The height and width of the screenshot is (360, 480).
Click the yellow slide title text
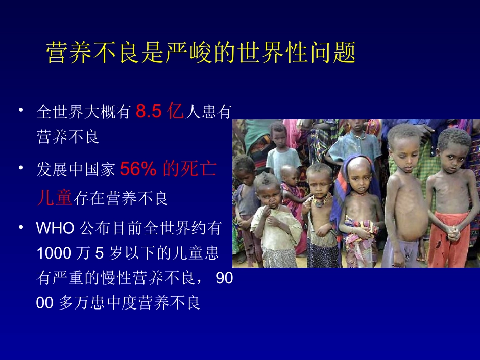pyautogui.click(x=202, y=53)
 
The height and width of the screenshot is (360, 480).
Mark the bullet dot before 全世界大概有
pyautogui.click(x=21, y=110)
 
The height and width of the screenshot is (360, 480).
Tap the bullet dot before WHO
pyautogui.click(x=21, y=226)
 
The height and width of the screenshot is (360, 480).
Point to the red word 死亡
pyautogui.click(x=201, y=170)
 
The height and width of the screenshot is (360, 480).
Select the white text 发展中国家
pyautogui.click(x=76, y=170)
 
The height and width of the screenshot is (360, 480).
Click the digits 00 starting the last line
pyautogui.click(x=44, y=302)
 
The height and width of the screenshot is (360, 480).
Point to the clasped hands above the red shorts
pyautogui.click(x=453, y=233)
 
